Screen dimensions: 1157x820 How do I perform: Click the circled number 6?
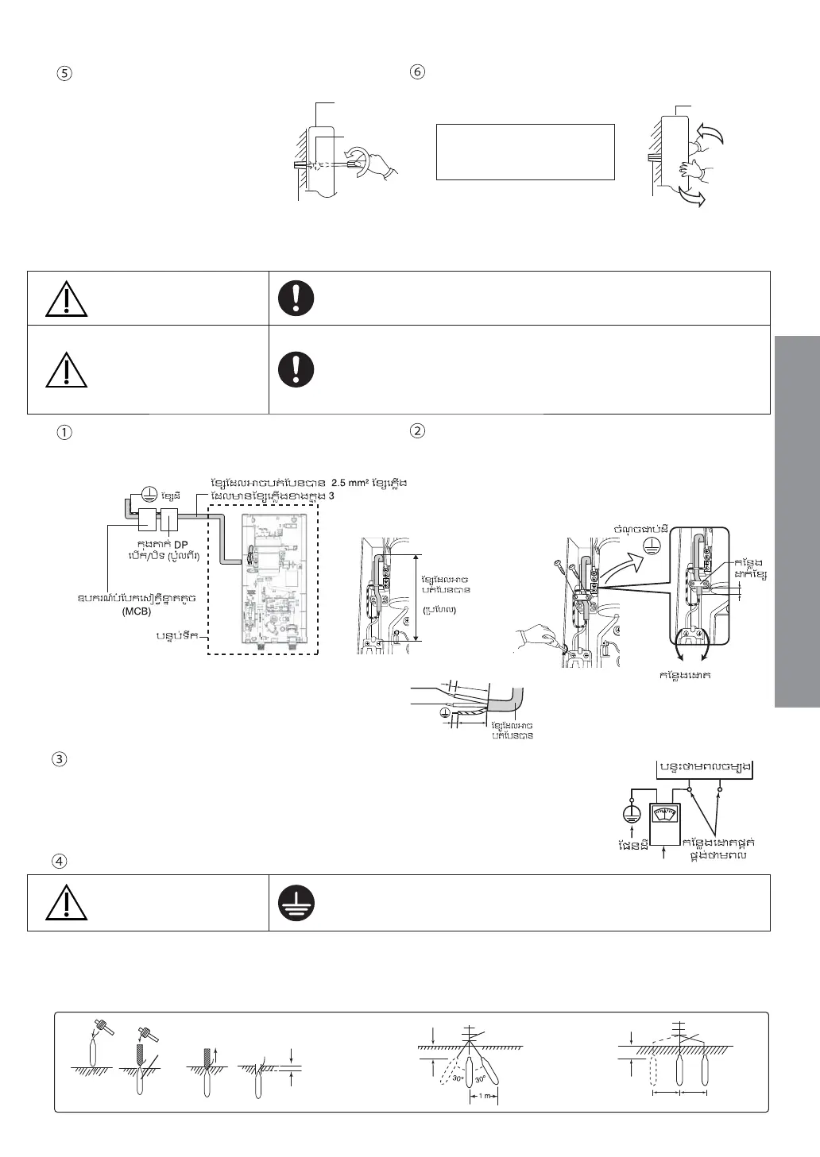pos(417,71)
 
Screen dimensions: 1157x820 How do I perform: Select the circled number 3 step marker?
pos(58,758)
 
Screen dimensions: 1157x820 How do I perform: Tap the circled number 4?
pos(58,860)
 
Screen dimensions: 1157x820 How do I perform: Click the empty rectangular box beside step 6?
pos(525,151)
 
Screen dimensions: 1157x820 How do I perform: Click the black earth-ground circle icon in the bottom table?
pos(296,903)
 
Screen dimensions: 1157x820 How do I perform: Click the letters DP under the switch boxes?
pos(180,544)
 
